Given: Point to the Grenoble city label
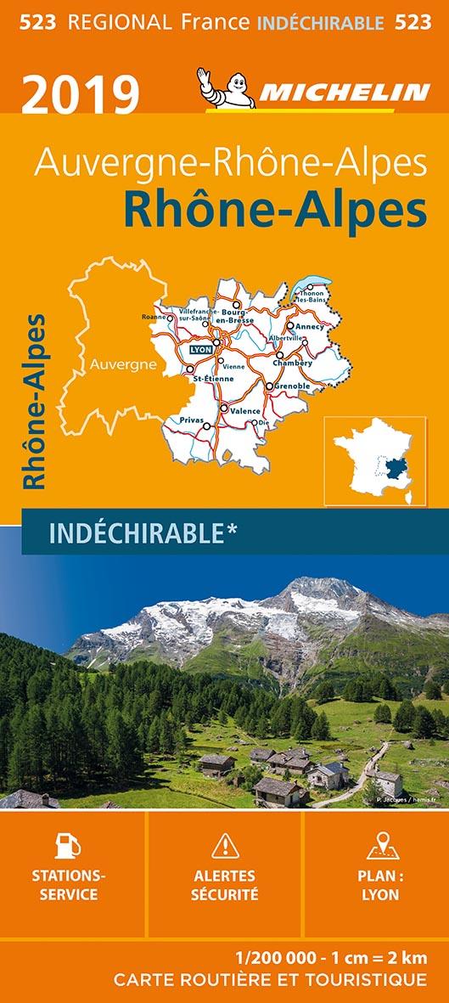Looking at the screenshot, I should coord(291,386).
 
